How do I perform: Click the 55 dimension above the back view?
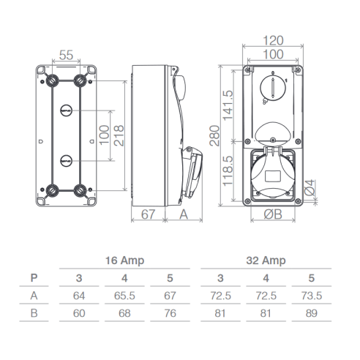tap(66, 55)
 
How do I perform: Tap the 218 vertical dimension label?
tap(119, 135)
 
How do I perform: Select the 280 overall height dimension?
tap(214, 135)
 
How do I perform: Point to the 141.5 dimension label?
tap(228, 105)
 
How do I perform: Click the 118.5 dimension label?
tap(228, 171)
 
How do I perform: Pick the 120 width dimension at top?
tap(273, 40)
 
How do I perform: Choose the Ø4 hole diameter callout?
tap(310, 187)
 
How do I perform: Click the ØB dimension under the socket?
tap(273, 214)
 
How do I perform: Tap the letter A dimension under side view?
tap(184, 214)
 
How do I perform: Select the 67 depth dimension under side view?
tap(148, 214)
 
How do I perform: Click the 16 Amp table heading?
tap(124, 260)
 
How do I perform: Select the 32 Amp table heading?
tap(266, 260)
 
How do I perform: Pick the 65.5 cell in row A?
tap(124, 296)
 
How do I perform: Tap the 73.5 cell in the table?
tap(312, 296)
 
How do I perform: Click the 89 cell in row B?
tap(312, 313)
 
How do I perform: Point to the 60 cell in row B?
tap(79, 313)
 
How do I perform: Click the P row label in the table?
tap(34, 278)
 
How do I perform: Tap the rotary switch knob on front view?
tap(273, 87)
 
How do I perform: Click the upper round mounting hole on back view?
tap(67, 110)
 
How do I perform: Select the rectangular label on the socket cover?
tap(273, 176)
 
